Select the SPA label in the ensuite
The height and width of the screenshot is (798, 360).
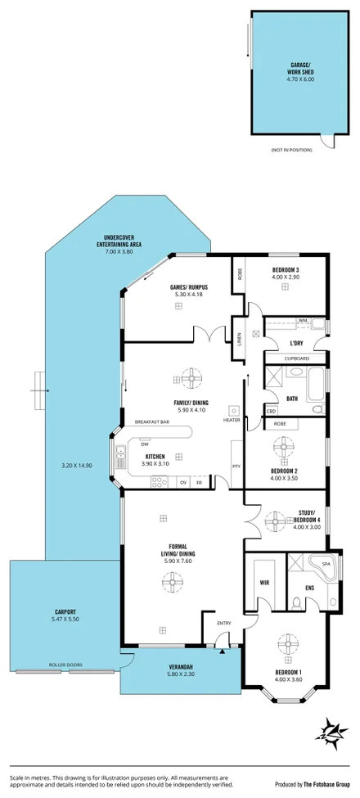(324, 565)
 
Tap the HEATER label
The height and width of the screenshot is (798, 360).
(232, 420)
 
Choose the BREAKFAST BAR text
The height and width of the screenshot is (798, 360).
(151, 422)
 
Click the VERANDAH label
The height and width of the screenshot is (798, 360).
(179, 669)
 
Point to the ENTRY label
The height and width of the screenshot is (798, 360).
(223, 624)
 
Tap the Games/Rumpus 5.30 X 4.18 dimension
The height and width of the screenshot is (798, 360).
(187, 294)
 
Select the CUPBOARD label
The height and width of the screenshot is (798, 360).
(296, 358)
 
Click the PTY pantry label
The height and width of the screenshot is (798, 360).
(236, 467)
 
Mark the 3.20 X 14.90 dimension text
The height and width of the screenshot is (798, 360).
(79, 466)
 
